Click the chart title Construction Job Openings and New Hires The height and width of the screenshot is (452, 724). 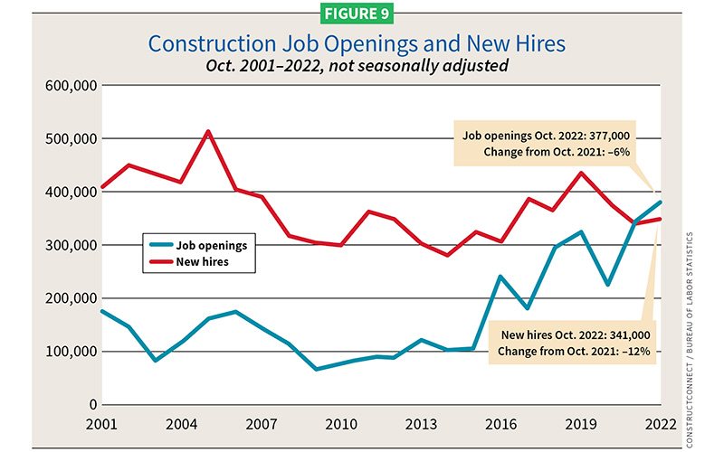click(361, 43)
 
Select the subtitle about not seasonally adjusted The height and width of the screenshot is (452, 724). click(361, 65)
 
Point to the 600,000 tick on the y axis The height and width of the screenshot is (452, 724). click(70, 86)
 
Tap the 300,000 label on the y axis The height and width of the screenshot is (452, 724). click(70, 245)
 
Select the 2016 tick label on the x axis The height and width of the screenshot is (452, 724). click(500, 424)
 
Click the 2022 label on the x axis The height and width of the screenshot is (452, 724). click(661, 424)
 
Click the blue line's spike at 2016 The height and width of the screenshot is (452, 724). click(500, 277)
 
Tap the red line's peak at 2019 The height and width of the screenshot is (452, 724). click(581, 174)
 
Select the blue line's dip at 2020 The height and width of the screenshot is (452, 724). click(607, 285)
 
